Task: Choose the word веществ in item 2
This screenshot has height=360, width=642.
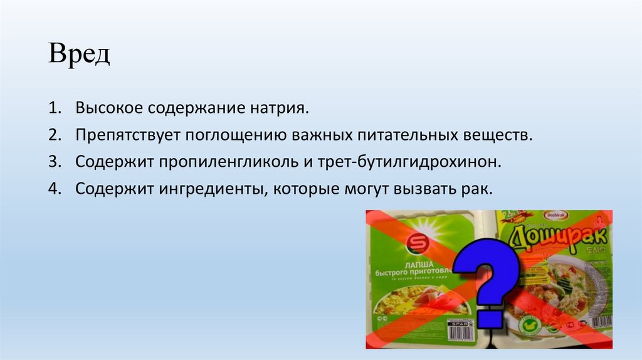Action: point(503,135)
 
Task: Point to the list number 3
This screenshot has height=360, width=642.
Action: point(54,161)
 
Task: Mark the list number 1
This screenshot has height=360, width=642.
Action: point(54,109)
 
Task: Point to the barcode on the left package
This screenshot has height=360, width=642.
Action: point(460,329)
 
